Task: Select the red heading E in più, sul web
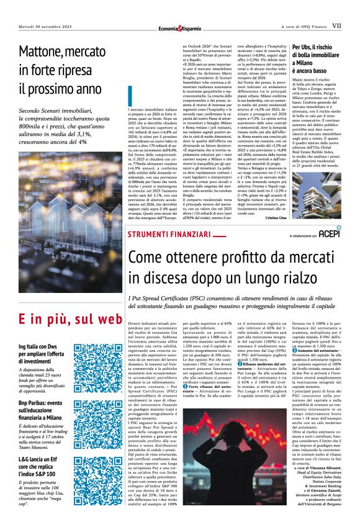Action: tap(68, 320)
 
